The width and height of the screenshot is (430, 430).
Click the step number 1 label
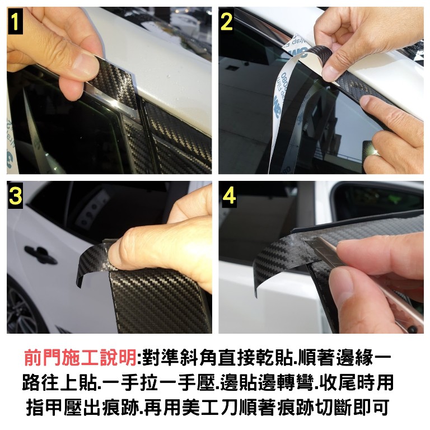coord(15,21)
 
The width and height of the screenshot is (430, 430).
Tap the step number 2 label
coord(227,21)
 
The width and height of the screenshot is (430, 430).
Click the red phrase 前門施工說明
coord(81,358)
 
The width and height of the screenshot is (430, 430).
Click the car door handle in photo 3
coord(40,255)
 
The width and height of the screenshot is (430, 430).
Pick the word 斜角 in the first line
coord(199,358)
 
